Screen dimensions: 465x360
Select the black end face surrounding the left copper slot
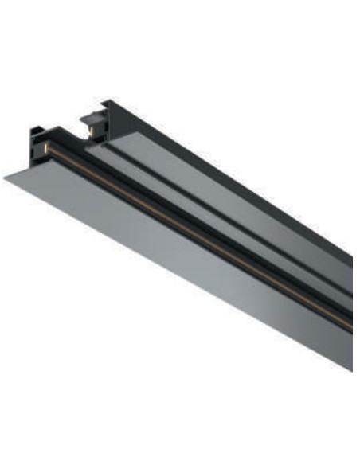coord(40,151)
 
